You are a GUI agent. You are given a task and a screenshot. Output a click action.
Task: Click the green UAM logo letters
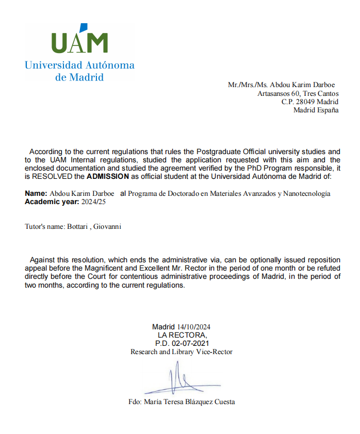[80, 43]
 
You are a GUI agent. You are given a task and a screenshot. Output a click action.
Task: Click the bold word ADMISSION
[108, 176]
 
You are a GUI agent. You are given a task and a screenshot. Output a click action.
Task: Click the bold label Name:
[36, 193]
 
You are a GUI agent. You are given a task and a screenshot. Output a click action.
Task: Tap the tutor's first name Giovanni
[107, 226]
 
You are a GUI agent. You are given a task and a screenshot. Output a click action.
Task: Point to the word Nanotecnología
[307, 193]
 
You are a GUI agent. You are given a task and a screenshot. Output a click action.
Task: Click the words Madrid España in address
[316, 110]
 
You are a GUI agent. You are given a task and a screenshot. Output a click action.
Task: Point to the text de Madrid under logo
[79, 77]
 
